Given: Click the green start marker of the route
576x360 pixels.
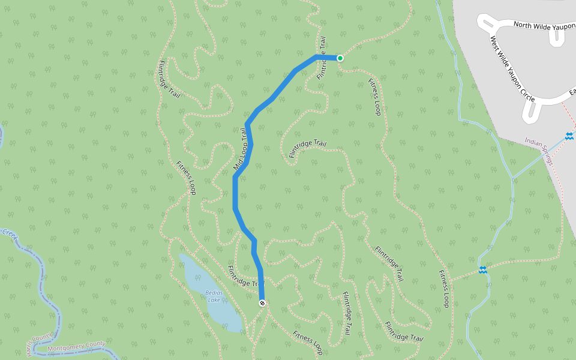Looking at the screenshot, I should [340, 58].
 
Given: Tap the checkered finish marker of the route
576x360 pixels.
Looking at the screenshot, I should [262, 303].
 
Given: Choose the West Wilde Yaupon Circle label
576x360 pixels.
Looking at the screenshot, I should [512, 69].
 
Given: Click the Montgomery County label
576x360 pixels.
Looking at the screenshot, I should [76, 346].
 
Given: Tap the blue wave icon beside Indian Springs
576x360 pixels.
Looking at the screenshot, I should [568, 136].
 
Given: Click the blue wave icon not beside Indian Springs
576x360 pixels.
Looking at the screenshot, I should [482, 270].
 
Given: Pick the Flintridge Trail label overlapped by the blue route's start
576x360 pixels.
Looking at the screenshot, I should [322, 58].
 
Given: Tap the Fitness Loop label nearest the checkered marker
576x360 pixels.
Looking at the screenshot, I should [308, 342].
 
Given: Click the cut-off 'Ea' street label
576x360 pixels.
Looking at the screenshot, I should [572, 91].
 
